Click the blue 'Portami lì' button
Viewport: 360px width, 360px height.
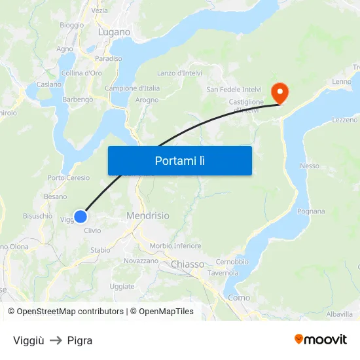point(179,160)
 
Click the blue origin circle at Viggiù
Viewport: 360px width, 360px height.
point(81,217)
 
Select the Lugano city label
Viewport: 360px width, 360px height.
point(114,31)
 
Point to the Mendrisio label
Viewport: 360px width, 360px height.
point(147,215)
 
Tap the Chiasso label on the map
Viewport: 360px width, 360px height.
point(188,264)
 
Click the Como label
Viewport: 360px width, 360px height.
point(239,297)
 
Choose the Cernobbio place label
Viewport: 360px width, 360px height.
point(232,262)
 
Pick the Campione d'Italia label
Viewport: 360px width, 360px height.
point(132,88)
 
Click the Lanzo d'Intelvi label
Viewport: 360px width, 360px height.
point(179,73)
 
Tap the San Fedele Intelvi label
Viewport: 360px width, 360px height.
point(234,89)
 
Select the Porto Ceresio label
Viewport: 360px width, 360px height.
point(68,178)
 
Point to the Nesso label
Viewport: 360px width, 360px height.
point(310,166)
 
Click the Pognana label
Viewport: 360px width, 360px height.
point(311,211)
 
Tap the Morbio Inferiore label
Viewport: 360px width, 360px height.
point(175,246)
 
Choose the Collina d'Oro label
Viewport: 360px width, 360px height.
point(81,73)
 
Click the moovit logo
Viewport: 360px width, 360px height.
point(321,340)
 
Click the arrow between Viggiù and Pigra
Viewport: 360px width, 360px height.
point(56,340)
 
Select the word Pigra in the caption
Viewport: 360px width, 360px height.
point(80,340)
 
